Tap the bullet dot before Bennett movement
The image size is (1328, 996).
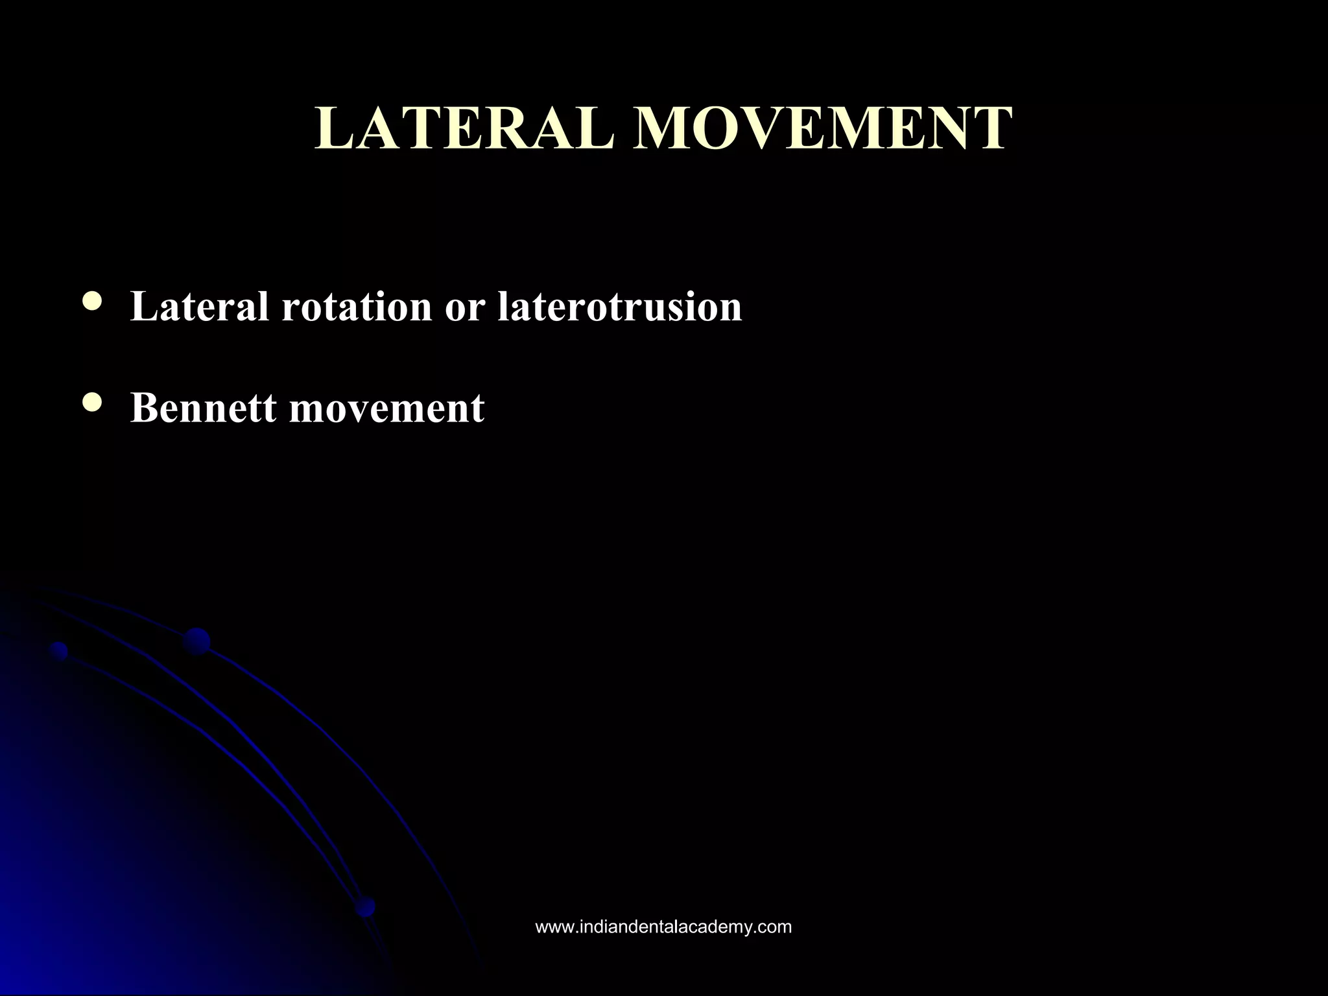click(x=93, y=402)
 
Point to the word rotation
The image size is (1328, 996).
click(x=356, y=307)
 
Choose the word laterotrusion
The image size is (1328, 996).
click(x=619, y=307)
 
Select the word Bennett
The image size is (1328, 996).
click(x=203, y=408)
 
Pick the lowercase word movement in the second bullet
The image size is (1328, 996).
click(x=386, y=409)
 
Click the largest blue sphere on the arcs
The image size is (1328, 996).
click(x=196, y=641)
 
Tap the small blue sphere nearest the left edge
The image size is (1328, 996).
click(x=59, y=650)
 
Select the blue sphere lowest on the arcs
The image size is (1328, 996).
click(x=366, y=907)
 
